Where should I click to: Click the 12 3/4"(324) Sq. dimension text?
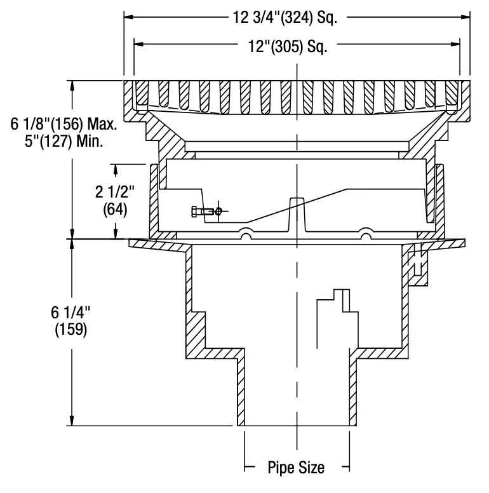(285, 18)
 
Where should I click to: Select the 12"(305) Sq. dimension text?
(288, 46)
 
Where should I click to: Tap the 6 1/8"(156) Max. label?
(64, 124)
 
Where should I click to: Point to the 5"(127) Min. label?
(64, 141)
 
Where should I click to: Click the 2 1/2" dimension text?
(115, 191)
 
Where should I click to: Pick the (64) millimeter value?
(115, 210)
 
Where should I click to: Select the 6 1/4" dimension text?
(70, 312)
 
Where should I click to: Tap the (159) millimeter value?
(70, 330)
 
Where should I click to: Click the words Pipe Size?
(296, 467)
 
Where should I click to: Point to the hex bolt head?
(194, 212)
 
